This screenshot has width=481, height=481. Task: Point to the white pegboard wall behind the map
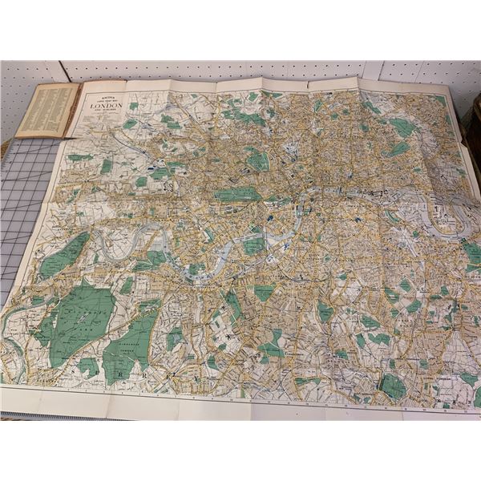tap(240, 71)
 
